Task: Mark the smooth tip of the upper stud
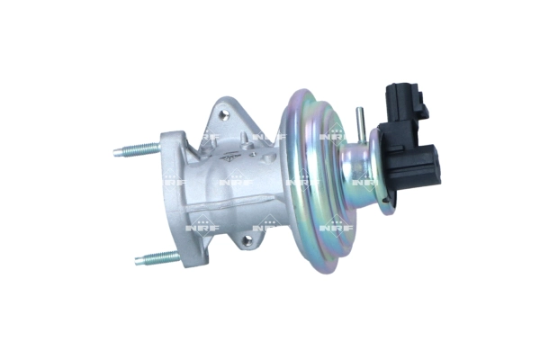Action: click(120, 152)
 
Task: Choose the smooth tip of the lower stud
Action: click(140, 262)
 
